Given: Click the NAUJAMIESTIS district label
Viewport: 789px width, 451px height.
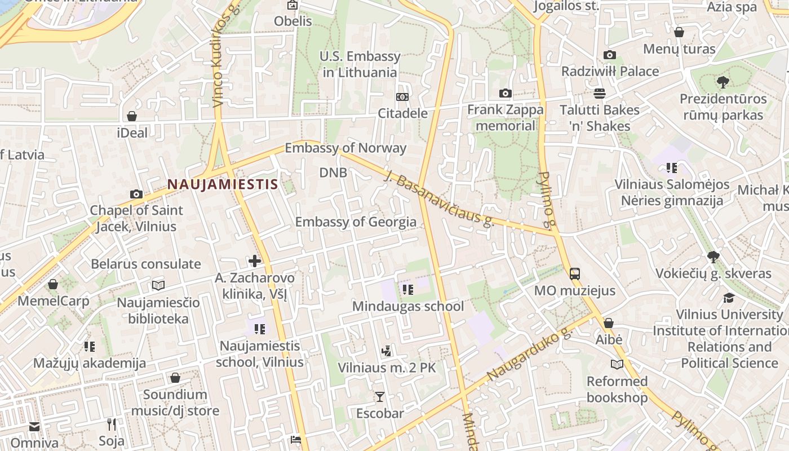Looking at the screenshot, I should coord(223,184).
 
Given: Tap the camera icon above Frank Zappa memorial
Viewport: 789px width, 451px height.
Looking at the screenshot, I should coord(505,93).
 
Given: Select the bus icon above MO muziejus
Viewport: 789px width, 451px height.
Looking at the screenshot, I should coord(575,274).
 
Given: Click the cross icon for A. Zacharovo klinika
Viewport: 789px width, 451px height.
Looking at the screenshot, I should coord(255,260).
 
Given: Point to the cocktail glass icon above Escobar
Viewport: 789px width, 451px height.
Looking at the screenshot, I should coord(380,397).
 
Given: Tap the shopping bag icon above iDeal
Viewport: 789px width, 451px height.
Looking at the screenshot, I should coord(132,116).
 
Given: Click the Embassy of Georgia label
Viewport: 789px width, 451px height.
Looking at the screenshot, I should coord(356,222).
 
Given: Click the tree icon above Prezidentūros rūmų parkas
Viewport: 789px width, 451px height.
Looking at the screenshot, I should coord(722,82).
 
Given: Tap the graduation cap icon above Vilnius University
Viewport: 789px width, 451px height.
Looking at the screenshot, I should coord(729,298).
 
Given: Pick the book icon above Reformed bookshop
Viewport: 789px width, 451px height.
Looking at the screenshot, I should coord(617,365).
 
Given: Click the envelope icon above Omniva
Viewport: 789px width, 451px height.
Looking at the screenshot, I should coord(34,427).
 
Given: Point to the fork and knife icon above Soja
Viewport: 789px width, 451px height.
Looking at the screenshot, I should coord(112,424).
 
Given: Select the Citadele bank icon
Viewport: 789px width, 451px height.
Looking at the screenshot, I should coord(402,97).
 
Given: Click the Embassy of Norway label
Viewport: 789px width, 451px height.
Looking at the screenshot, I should coord(345,148).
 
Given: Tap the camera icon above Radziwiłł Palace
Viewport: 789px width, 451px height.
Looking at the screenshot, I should coord(609,55).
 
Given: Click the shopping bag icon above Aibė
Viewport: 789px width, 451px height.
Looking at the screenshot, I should coord(609,324).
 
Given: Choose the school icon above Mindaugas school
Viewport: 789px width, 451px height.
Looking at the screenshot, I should coord(407,290).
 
